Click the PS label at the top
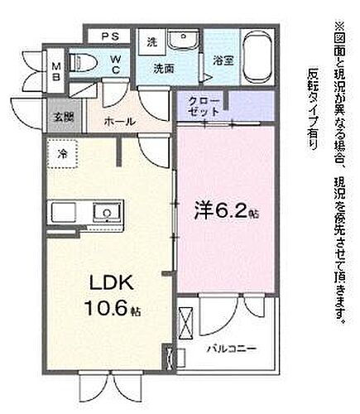[x=109, y=37]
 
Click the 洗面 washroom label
[x=164, y=70]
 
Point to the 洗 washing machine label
[x=151, y=41]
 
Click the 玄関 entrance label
[x=62, y=117]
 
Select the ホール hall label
[x=119, y=120]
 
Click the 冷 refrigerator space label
[x=63, y=153]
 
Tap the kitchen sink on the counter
[x=106, y=213]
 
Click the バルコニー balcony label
[x=231, y=349]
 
